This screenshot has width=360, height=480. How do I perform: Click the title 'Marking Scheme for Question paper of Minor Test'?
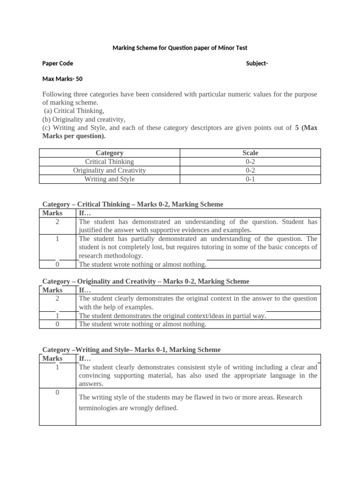pyautogui.click(x=180, y=48)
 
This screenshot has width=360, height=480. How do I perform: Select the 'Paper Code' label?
pyautogui.click(x=58, y=63)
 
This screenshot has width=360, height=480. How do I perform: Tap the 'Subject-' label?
pyautogui.click(x=257, y=63)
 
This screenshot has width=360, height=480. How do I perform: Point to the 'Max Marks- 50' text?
pyautogui.click(x=62, y=79)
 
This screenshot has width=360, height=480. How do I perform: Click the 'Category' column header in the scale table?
pyautogui.click(x=109, y=153)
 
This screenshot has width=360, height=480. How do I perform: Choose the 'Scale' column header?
pyautogui.click(x=250, y=153)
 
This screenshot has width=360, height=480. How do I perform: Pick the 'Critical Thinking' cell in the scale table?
pyautogui.click(x=109, y=161)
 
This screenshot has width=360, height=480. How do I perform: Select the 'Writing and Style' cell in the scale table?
pyautogui.click(x=109, y=179)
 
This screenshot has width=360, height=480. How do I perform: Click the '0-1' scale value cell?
pyautogui.click(x=250, y=179)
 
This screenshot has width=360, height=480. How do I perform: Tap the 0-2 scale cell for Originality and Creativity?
pyautogui.click(x=250, y=170)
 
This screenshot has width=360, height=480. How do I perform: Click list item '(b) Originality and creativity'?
pyautogui.click(x=84, y=119)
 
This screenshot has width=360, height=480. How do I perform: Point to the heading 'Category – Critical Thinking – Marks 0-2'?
pyautogui.click(x=133, y=204)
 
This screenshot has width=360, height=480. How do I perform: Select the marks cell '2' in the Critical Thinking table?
pyautogui.click(x=57, y=222)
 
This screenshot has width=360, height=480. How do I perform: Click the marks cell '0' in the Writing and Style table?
pyautogui.click(x=57, y=392)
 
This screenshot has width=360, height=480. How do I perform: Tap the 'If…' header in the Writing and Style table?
pyautogui.click(x=85, y=359)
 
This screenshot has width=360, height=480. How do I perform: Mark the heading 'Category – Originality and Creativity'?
pyautogui.click(x=146, y=281)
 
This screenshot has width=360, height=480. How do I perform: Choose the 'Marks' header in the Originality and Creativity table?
pyautogui.click(x=52, y=290)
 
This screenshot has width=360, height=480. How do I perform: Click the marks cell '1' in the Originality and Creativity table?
pyautogui.click(x=57, y=315)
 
